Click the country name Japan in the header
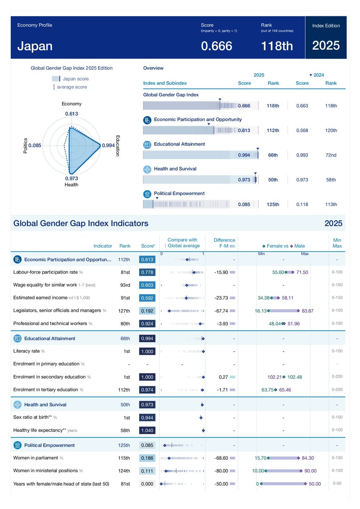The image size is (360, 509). coord(35,46)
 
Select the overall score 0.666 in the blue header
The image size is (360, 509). coord(216,46)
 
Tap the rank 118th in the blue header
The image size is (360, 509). coord(277,46)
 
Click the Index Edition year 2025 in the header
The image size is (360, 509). coord(326,45)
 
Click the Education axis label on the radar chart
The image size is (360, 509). coord(118,146)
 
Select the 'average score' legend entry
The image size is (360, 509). coord(72,87)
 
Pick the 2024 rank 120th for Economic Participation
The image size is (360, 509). coord(331,131)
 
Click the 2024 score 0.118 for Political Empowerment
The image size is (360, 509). coord(302,204)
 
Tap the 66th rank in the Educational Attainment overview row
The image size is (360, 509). coord(273,155)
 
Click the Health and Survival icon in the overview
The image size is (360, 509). coord(147,169)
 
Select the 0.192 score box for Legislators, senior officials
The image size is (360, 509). coord(147,310)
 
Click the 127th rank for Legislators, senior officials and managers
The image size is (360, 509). coord(124,310)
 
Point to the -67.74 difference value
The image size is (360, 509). coord(221,311)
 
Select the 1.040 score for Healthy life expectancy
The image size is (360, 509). coord(147,430)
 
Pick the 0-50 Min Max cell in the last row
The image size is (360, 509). coord(337,483)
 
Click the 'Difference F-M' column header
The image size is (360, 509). coord(224,243)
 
